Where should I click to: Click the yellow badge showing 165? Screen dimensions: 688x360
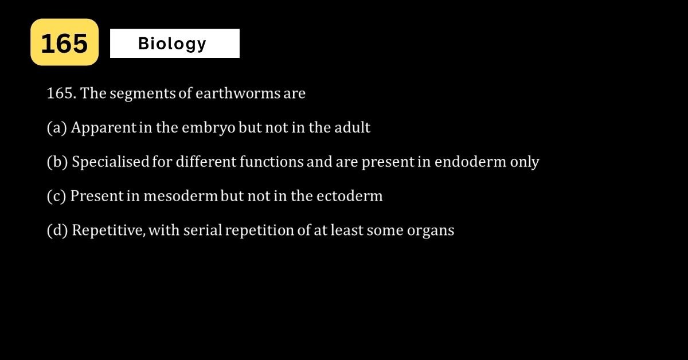click(64, 42)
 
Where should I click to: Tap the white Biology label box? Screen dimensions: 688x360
click(175, 44)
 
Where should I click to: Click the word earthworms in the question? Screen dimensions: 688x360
click(238, 93)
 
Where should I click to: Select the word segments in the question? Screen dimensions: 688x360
click(143, 94)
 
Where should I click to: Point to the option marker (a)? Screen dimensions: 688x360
click(57, 128)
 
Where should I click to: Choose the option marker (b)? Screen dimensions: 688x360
click(57, 162)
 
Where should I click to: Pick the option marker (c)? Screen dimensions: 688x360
click(56, 196)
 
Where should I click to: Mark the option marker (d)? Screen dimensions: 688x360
click(57, 230)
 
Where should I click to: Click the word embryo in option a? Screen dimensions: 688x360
click(209, 128)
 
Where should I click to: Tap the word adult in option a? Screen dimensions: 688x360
click(352, 127)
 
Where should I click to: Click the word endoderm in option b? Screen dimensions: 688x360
click(470, 162)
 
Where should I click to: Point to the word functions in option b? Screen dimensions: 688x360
click(272, 162)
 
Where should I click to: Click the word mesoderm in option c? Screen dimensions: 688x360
click(181, 196)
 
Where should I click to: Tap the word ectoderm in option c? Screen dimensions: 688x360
click(350, 196)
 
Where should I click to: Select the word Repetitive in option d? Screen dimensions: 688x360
click(108, 230)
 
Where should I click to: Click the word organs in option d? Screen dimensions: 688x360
click(431, 231)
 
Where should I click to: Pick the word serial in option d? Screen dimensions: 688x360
click(203, 230)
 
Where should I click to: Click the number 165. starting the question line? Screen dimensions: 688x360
click(61, 93)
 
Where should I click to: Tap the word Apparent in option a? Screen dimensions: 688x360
click(104, 128)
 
